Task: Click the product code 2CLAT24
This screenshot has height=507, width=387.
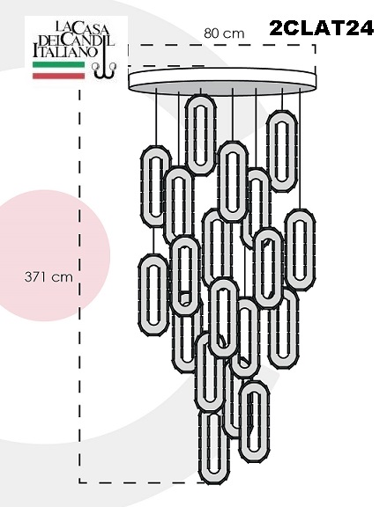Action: coord(321,28)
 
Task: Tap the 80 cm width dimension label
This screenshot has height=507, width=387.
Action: coord(224,33)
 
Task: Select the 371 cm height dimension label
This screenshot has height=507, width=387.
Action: coord(48,277)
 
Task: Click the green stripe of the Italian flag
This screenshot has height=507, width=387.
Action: coord(58,64)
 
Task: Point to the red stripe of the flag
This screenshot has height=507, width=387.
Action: coord(58,76)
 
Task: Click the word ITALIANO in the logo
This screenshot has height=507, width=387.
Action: coord(65,51)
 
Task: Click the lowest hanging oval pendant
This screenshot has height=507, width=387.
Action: coord(214,447)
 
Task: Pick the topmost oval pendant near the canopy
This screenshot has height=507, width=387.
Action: coord(200,135)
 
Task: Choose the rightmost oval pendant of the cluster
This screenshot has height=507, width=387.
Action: coord(300,250)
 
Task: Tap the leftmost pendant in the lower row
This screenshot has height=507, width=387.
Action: coord(153,295)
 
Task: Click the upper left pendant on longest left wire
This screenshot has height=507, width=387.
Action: coord(156,186)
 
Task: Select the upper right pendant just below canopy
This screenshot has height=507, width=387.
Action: coord(282,151)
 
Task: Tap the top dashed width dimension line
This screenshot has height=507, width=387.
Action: coord(221,45)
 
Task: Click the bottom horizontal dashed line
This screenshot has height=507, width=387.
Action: coord(142,482)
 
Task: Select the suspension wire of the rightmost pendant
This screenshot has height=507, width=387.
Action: coord(300,149)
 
